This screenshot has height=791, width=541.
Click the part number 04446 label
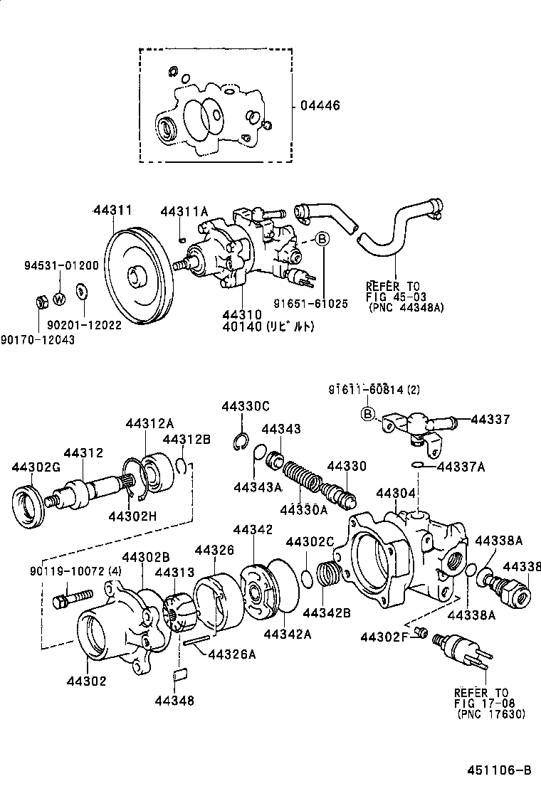[320, 106]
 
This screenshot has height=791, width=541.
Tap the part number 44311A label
[184, 211]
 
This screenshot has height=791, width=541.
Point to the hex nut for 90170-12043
[41, 302]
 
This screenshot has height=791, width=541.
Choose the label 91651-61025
[311, 304]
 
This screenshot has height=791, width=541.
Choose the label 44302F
[384, 635]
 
